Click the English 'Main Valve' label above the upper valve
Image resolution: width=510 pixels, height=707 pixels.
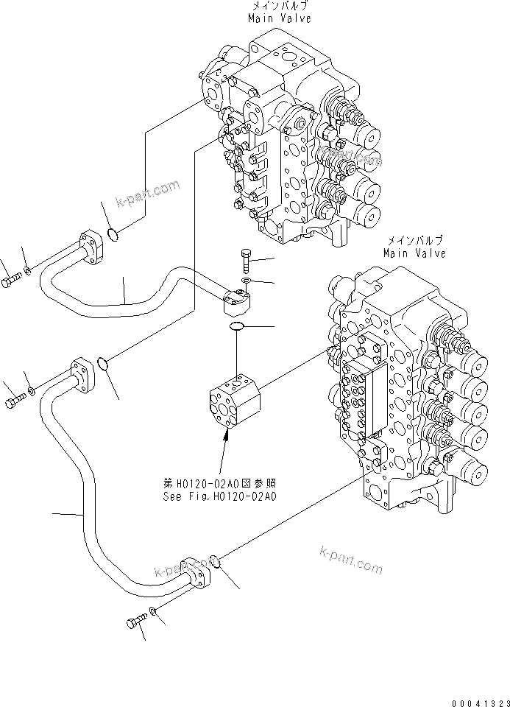pos(279,18)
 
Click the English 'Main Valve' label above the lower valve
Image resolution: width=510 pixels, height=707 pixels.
pos(414,253)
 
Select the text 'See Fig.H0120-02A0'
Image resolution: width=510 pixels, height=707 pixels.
pos(219,496)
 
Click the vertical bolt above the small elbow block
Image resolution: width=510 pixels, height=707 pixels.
pos(245,261)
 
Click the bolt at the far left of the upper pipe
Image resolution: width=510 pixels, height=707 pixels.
pos(11,281)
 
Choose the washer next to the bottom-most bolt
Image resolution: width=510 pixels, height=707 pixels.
pos(152,611)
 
